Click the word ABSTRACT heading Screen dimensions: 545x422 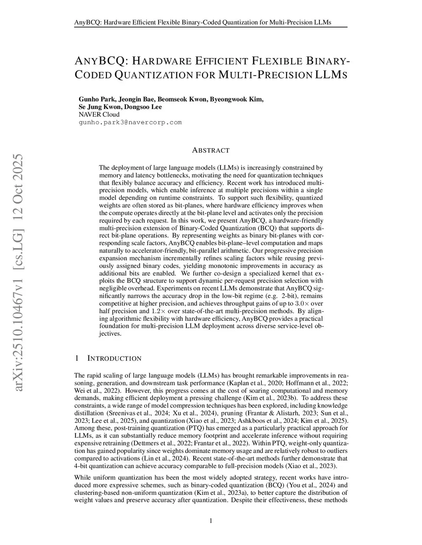211,151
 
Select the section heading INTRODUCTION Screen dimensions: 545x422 115,359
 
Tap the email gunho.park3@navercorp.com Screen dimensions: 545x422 130,123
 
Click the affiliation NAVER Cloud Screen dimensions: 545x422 99,114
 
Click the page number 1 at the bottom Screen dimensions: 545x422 211,522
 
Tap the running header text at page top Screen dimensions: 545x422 203,22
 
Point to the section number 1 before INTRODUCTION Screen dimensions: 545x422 77,358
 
